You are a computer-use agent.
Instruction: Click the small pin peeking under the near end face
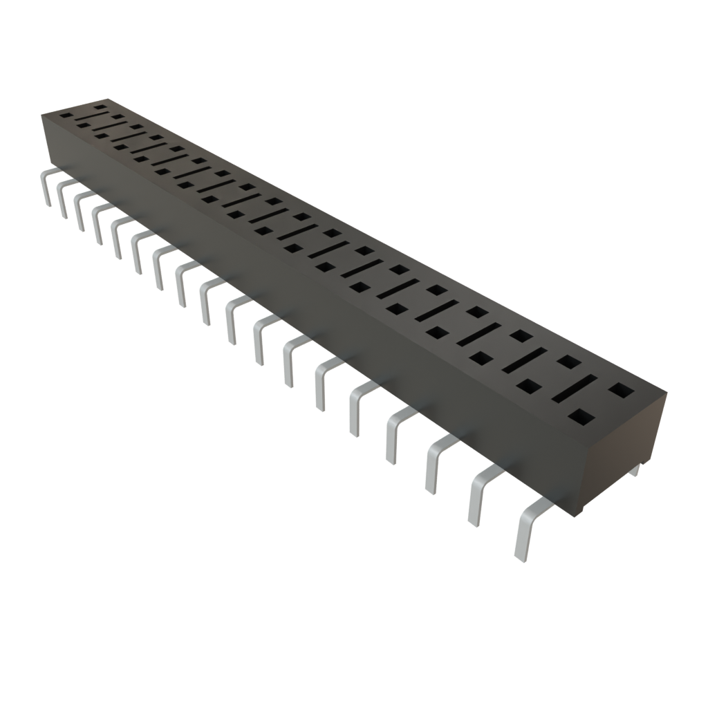635,472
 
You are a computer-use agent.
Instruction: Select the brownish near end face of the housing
622,449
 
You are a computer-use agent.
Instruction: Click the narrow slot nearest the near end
574,389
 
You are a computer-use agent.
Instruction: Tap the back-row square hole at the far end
101,107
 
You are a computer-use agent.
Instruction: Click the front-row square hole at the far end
66,116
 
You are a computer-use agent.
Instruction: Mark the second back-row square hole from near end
568,362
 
